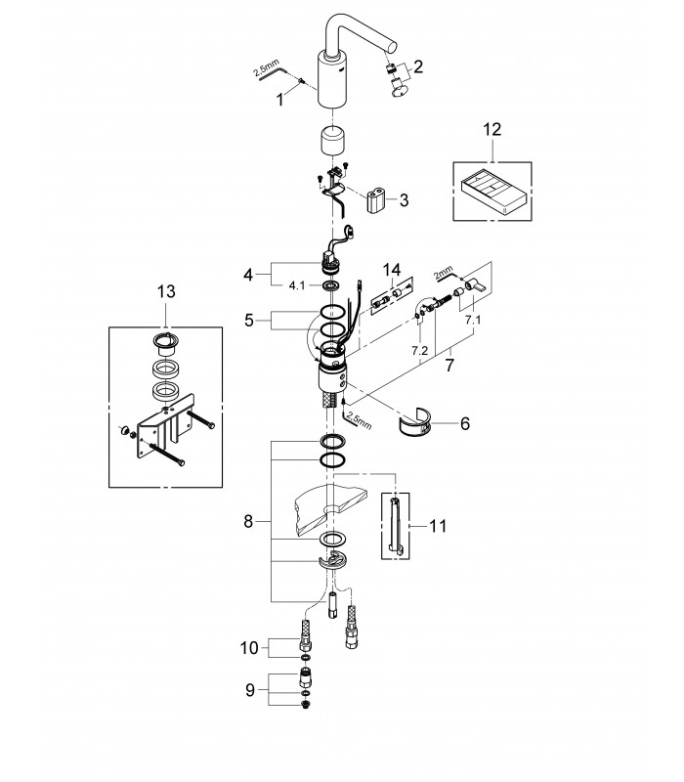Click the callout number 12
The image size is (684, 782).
492,130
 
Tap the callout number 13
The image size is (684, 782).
166,291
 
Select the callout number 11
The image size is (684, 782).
438,526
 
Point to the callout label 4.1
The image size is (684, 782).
297,285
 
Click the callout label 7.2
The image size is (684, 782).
420,351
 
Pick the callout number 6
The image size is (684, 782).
465,423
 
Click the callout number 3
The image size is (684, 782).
404,200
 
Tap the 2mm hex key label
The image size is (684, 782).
443,273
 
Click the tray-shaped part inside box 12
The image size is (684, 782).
492,193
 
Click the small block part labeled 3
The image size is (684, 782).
377,200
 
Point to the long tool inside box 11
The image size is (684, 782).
395,525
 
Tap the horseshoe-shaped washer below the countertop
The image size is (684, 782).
333,560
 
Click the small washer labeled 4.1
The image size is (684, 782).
330,285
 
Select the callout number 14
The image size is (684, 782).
392,271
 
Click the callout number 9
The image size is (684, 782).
250,690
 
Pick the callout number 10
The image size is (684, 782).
249,648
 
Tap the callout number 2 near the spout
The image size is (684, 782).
418,66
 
